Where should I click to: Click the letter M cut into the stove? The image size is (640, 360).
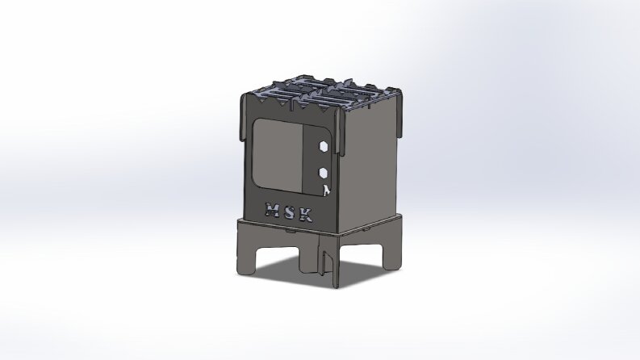[271, 209]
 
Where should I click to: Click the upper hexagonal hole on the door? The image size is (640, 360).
[323, 146]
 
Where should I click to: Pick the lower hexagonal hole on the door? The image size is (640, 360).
[324, 173]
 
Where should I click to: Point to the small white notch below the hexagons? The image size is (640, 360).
[326, 190]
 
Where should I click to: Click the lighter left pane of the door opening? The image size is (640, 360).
[278, 155]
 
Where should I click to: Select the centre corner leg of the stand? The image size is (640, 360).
[329, 262]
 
